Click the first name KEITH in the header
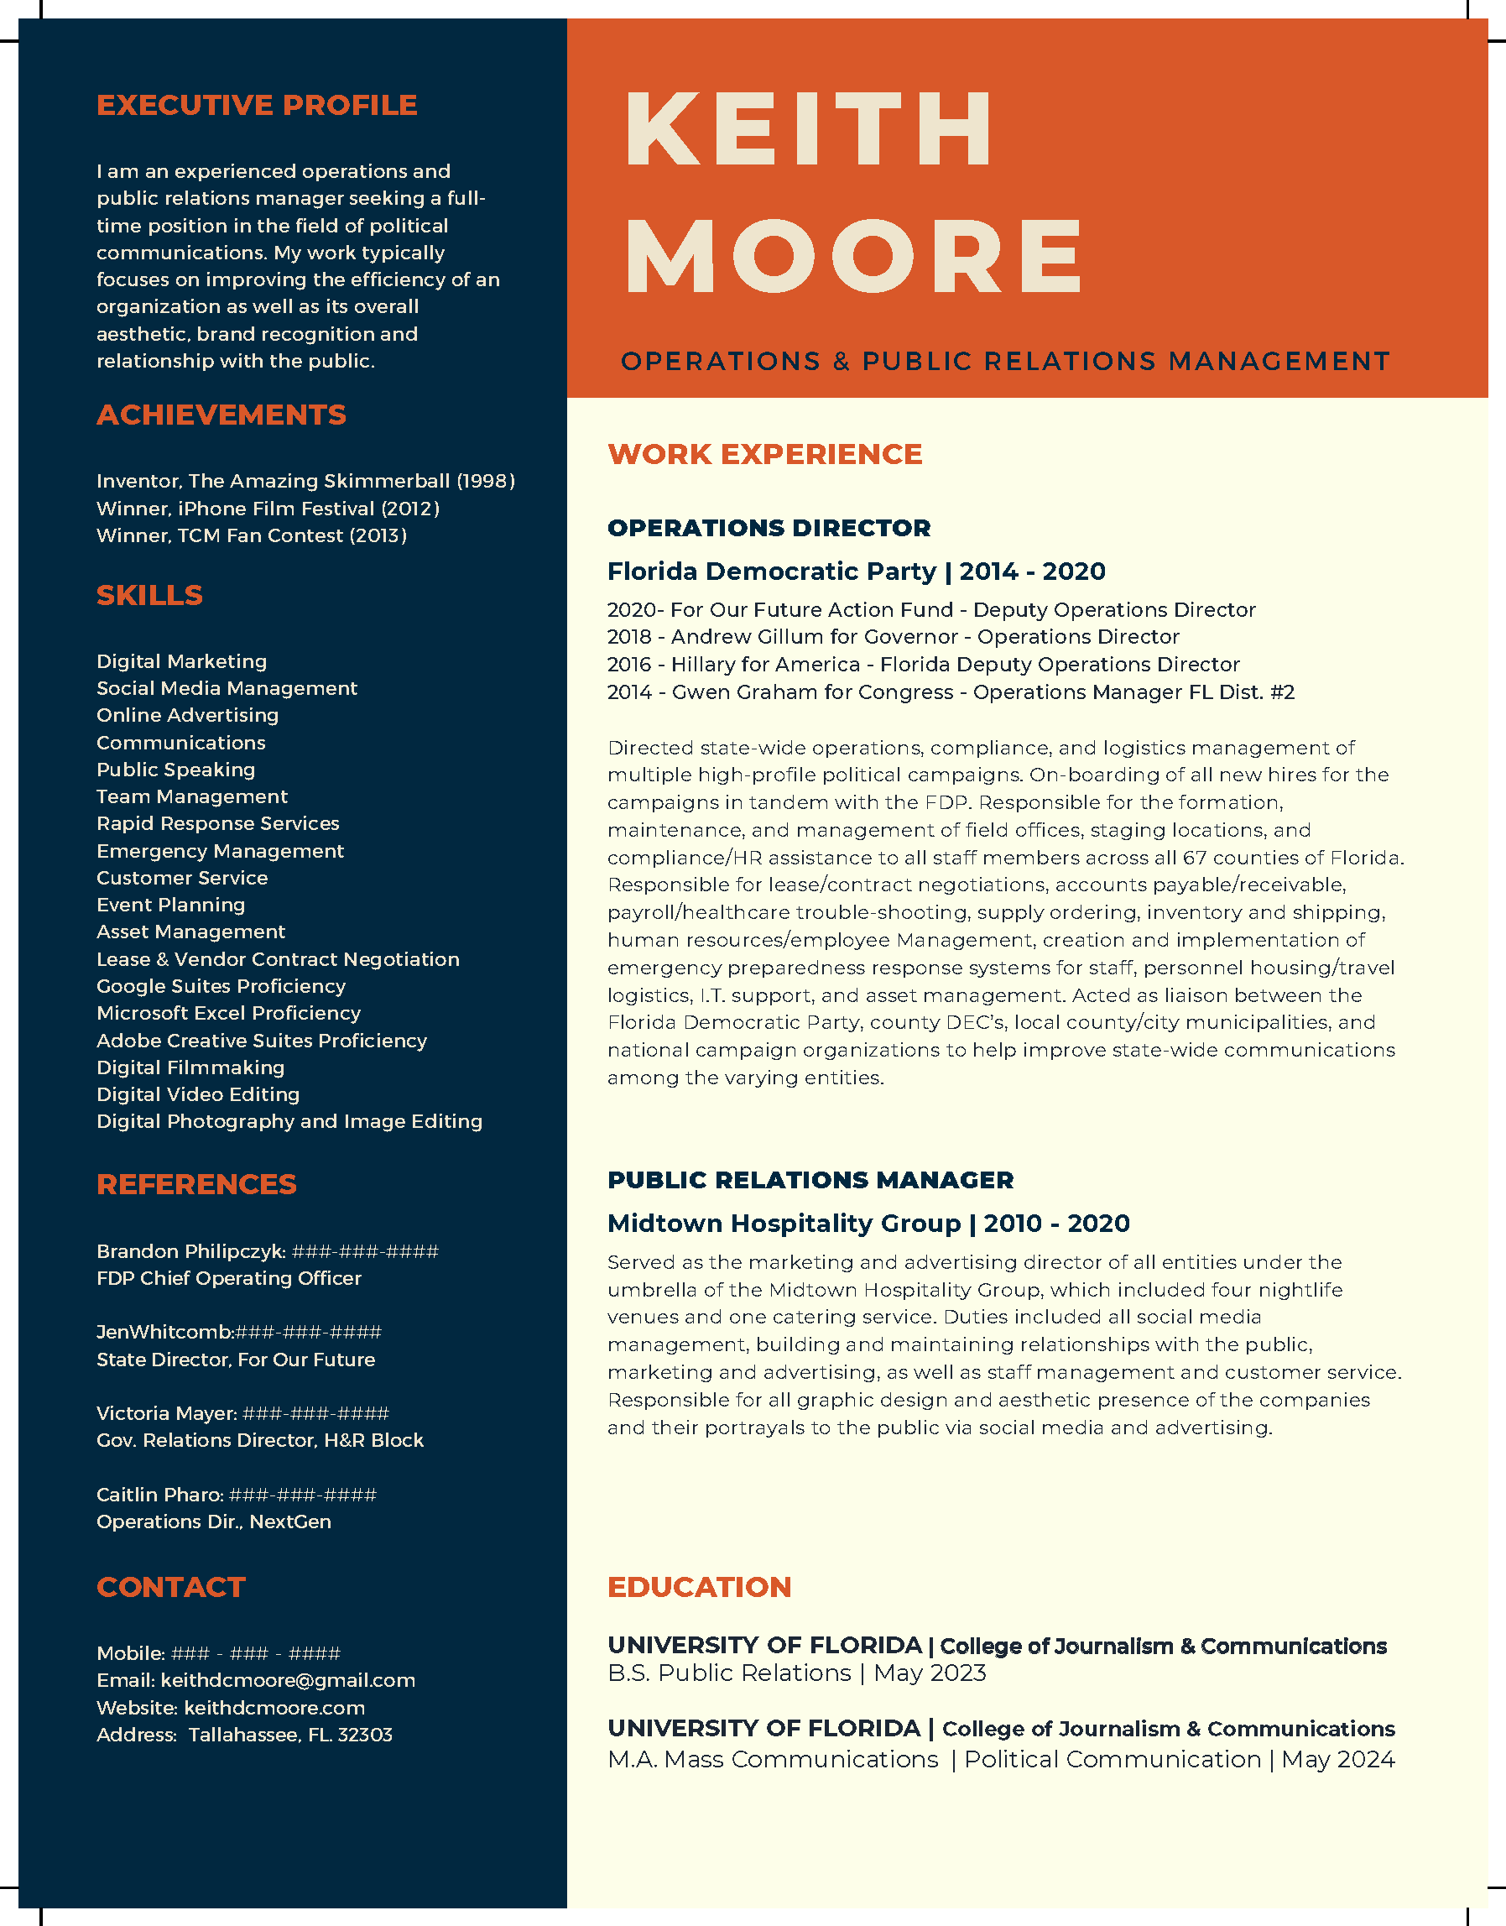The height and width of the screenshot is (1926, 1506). point(809,128)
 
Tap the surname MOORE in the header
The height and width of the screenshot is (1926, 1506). point(852,257)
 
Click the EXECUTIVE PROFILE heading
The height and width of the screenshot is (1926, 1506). point(257,105)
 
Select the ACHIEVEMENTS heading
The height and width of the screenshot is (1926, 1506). point(221,415)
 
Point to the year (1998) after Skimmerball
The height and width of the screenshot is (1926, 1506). point(485,482)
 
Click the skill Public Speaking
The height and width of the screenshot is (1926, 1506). point(175,770)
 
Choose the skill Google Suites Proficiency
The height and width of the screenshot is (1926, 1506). point(221,986)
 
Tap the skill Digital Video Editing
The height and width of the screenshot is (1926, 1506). point(197,1094)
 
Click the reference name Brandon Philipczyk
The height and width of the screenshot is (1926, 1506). point(190,1251)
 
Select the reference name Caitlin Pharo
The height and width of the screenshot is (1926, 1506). point(159,1495)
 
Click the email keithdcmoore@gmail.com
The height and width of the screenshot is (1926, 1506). point(288,1680)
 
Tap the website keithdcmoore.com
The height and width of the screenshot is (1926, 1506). point(274,1707)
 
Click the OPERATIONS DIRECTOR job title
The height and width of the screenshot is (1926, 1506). point(768,527)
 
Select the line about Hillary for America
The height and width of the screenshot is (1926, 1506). point(922,664)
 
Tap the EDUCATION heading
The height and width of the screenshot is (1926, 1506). point(699,1586)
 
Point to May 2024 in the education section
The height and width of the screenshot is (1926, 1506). point(1337,1759)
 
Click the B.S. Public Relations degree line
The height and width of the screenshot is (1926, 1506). point(795,1673)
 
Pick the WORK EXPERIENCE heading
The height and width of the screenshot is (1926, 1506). point(764,453)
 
